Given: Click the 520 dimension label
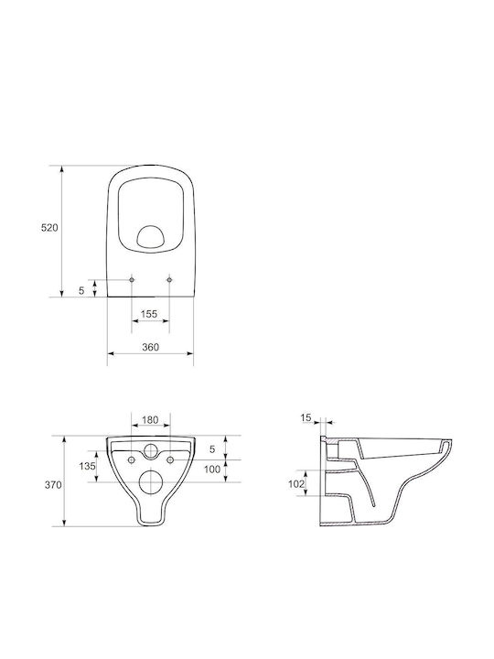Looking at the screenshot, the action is [x=49, y=228].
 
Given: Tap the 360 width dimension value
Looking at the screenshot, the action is [x=150, y=347].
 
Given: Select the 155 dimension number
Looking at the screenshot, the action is [x=149, y=314].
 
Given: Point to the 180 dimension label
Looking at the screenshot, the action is [x=150, y=420].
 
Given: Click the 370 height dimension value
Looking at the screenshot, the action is [x=53, y=485].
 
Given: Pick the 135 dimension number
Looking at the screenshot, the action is [x=88, y=466].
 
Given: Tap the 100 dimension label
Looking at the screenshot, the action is [x=212, y=470].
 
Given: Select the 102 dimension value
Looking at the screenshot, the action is [x=296, y=484].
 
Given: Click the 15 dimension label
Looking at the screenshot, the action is [x=306, y=417].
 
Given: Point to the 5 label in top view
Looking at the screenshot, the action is [x=82, y=290].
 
